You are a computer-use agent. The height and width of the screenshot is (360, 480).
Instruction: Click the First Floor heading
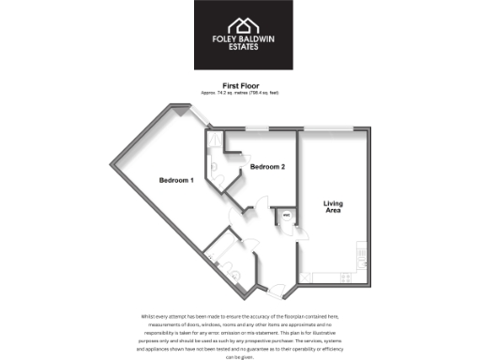240,85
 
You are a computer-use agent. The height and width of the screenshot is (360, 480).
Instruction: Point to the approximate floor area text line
240,93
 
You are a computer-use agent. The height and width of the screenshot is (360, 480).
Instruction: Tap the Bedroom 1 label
175,180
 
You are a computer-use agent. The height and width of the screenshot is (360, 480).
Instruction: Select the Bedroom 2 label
267,167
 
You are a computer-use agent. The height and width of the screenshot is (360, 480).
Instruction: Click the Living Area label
333,207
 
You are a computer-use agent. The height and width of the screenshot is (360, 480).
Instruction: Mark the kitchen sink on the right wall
360,251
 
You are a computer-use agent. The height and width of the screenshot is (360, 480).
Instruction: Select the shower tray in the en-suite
215,142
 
